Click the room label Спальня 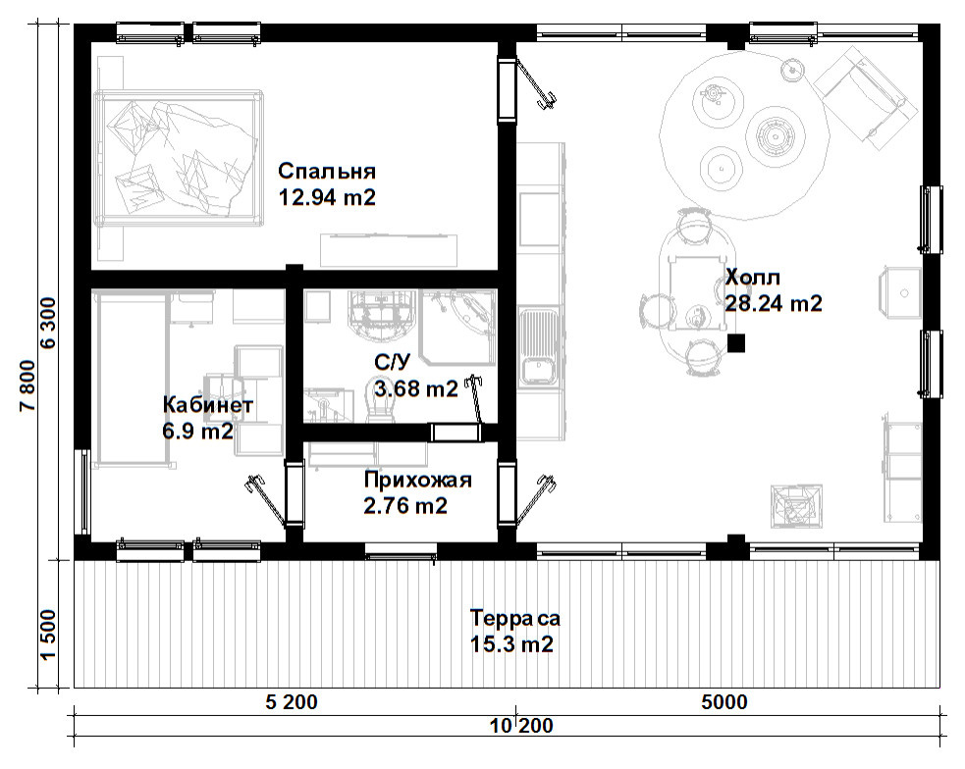click(326, 171)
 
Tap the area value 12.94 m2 click(327, 197)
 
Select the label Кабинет click(207, 405)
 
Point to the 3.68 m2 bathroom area click(416, 388)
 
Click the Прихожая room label click(417, 480)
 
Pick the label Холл click(753, 278)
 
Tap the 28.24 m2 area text click(774, 303)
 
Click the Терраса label click(515, 618)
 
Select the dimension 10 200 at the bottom click(522, 726)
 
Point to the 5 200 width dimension click(292, 702)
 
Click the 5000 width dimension click(724, 702)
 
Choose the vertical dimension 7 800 click(27, 386)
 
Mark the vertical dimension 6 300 click(48, 323)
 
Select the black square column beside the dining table click(735, 343)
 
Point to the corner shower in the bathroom click(458, 328)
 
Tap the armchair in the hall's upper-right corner click(862, 98)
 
